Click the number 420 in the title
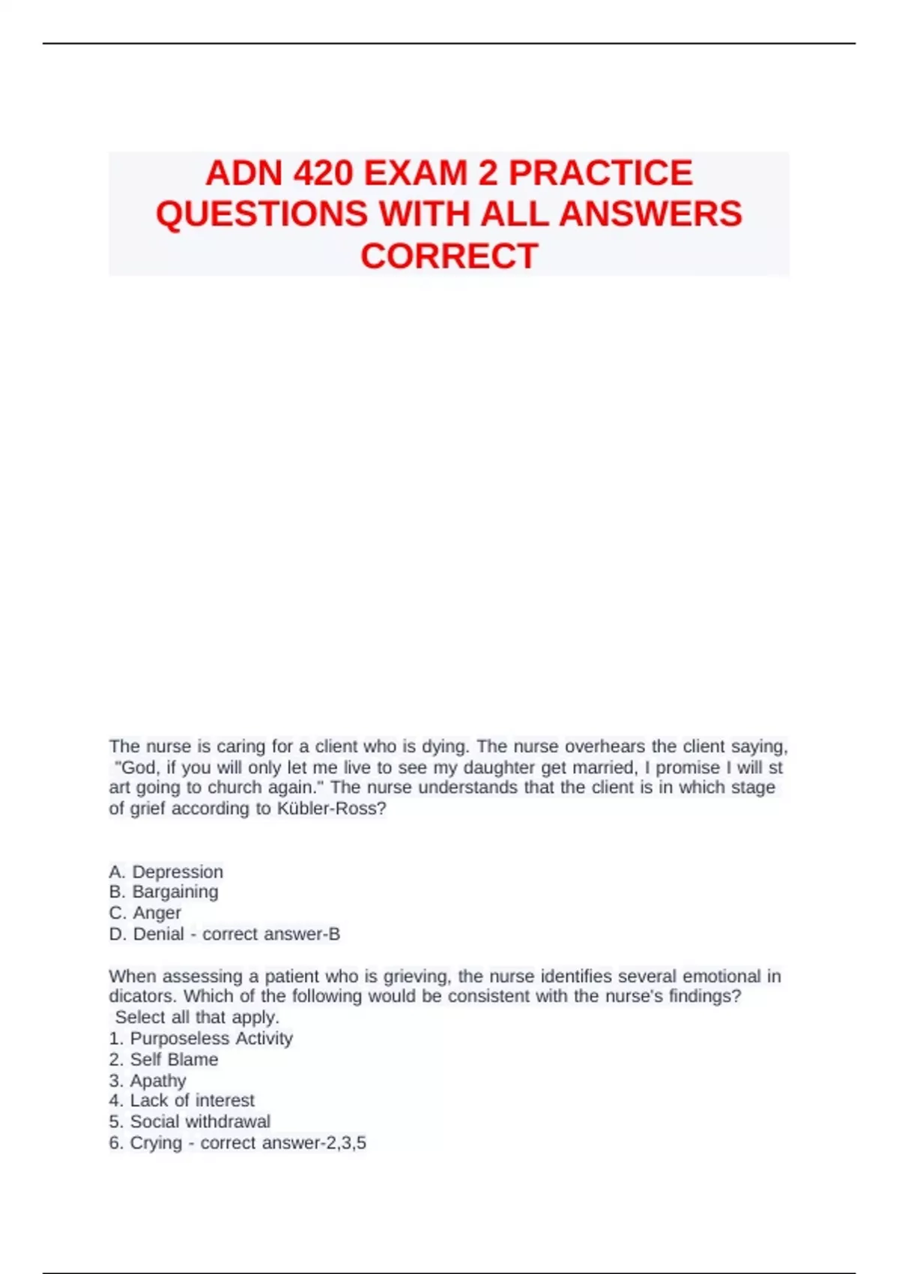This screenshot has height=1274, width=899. pos(323,173)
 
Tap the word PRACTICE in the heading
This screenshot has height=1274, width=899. pos(601,173)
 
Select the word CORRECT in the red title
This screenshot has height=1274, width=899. pos(449,256)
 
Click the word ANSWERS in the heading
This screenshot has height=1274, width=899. pos(650,214)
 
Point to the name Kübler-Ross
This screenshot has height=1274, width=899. pos(332,809)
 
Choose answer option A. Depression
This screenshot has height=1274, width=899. pos(166,872)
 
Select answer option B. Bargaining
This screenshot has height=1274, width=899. pos(163,892)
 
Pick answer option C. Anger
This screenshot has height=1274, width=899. pos(145,913)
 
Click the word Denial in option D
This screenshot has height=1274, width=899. pos(158,934)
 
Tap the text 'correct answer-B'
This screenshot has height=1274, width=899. pos(271,934)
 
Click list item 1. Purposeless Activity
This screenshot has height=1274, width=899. pos(200,1038)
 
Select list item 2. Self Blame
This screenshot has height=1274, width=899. pos(163,1059)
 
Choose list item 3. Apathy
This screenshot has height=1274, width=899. pos(147,1080)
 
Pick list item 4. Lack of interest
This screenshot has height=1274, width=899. pos(181,1100)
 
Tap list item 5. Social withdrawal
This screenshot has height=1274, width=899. pos(190,1121)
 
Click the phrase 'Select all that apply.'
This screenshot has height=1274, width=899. pos(197,1017)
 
